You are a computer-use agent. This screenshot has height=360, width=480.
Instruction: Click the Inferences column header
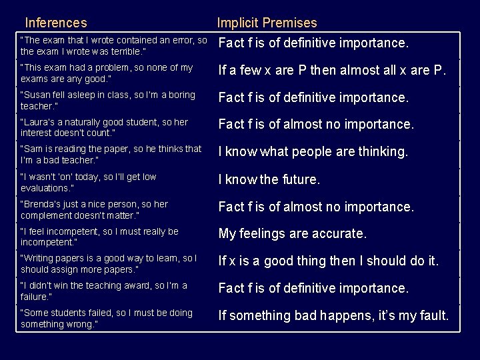55,23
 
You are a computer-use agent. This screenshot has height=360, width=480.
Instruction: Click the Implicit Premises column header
267,23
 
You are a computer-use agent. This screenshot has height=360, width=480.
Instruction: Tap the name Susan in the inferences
38,95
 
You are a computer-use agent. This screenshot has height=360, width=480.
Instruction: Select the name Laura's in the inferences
39,123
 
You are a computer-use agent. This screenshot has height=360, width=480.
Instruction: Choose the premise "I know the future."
269,179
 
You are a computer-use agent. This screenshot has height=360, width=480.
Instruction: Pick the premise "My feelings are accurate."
293,234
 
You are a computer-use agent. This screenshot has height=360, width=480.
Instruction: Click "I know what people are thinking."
313,152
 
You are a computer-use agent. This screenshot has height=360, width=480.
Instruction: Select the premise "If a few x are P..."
333,70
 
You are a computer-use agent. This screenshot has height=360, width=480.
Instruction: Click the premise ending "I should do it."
329,261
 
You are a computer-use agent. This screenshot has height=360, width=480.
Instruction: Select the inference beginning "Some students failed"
107,318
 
